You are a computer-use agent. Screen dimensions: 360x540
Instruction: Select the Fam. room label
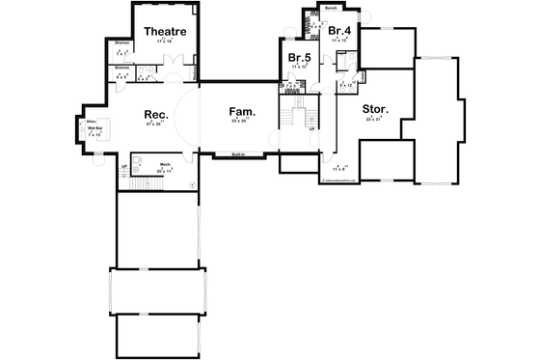tap(240, 111)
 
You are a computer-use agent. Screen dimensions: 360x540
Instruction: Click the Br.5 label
tap(298, 58)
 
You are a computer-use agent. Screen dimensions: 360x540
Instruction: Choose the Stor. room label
tap(375, 109)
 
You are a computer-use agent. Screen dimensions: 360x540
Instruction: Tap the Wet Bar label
tap(95, 127)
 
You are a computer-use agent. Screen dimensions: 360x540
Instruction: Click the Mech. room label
tap(165, 164)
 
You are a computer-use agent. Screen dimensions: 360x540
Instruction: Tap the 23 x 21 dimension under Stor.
tap(374, 119)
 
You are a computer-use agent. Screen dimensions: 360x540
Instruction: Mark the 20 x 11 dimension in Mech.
tap(165, 170)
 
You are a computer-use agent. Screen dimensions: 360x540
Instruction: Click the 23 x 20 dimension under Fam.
tap(239, 121)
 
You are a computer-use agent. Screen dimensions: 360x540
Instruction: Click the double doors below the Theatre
tap(174, 61)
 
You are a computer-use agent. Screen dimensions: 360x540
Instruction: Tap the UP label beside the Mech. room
tap(123, 168)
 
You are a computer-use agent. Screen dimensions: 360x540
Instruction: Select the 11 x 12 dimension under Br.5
tap(298, 67)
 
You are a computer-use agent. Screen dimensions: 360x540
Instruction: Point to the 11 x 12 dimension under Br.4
tap(338, 42)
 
